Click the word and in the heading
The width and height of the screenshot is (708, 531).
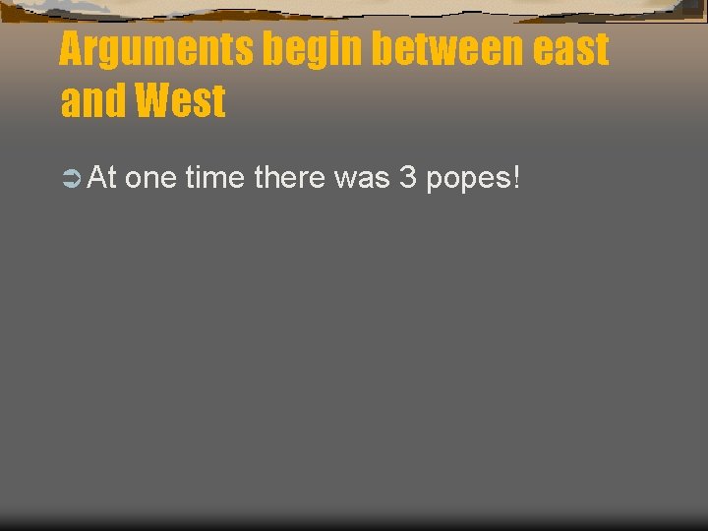(91, 101)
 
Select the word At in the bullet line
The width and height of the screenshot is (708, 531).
(102, 178)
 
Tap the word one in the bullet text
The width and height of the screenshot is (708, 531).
(150, 179)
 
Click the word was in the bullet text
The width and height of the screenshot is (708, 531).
(363, 179)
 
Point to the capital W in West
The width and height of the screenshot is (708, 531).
(154, 101)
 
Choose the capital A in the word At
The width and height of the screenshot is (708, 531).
(96, 178)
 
